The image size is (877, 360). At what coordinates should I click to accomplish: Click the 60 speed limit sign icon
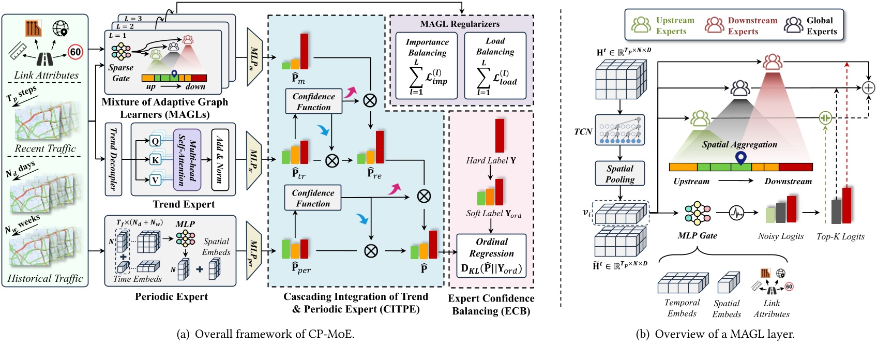tap(75, 52)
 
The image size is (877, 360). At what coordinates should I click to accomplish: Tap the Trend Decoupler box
tap(113, 159)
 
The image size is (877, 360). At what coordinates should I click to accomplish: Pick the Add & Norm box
tap(220, 159)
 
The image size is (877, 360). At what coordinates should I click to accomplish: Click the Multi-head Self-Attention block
tap(187, 159)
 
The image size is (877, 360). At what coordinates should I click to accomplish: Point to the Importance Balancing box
tap(427, 66)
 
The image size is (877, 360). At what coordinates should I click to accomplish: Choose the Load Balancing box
tap(495, 66)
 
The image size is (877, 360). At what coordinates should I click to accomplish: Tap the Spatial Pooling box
tap(619, 174)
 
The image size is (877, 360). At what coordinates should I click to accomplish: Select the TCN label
tap(583, 132)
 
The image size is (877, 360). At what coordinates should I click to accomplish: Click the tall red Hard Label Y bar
tap(500, 135)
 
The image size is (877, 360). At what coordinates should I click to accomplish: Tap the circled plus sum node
tap(869, 88)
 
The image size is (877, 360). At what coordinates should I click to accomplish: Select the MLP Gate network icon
tap(697, 213)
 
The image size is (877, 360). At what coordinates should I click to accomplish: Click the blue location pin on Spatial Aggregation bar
tap(740, 157)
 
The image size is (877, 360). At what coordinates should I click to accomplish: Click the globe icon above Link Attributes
tap(61, 28)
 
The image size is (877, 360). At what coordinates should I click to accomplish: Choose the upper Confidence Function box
tap(313, 101)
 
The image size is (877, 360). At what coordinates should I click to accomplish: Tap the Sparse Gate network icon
tap(121, 51)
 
